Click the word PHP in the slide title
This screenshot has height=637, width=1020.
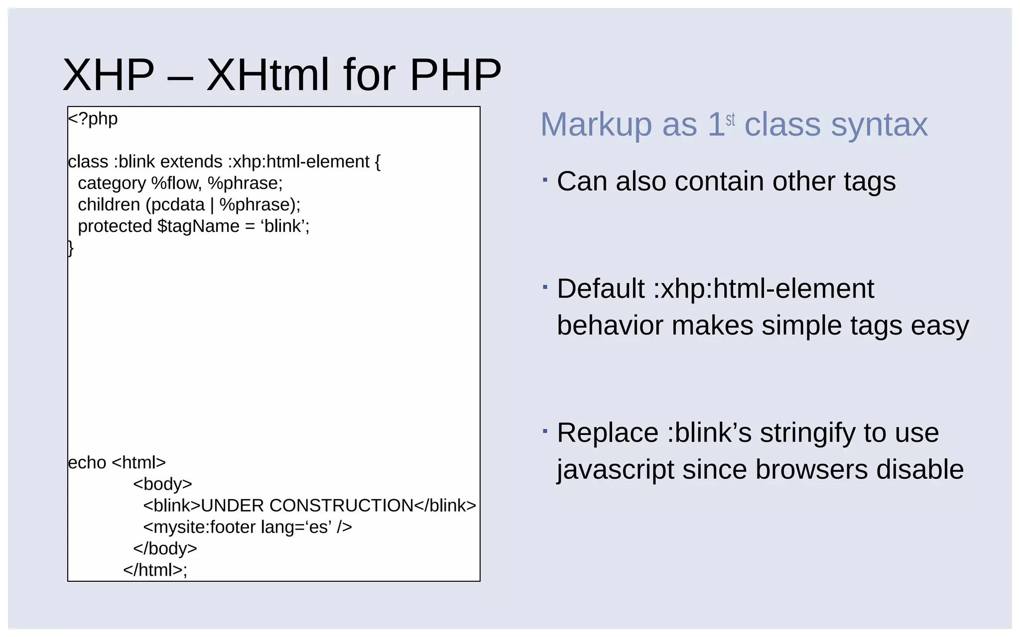[455, 75]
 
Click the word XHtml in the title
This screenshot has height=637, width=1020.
[267, 75]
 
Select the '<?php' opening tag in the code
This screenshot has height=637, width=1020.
[93, 119]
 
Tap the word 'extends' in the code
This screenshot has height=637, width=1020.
[191, 162]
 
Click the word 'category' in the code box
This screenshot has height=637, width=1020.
[112, 183]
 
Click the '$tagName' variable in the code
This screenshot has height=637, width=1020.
[198, 226]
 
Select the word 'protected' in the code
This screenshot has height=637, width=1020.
[115, 226]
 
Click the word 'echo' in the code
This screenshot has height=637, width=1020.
[87, 462]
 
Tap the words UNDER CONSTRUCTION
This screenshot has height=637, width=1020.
[307, 505]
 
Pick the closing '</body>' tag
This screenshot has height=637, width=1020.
[165, 548]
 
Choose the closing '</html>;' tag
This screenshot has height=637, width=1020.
[155, 569]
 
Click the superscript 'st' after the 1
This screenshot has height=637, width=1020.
[730, 119]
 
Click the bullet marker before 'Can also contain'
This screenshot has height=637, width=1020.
[545, 179]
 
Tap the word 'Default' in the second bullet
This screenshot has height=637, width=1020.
[601, 289]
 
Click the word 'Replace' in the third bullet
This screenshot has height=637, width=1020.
[608, 432]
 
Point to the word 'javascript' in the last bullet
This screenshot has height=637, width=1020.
[615, 469]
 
